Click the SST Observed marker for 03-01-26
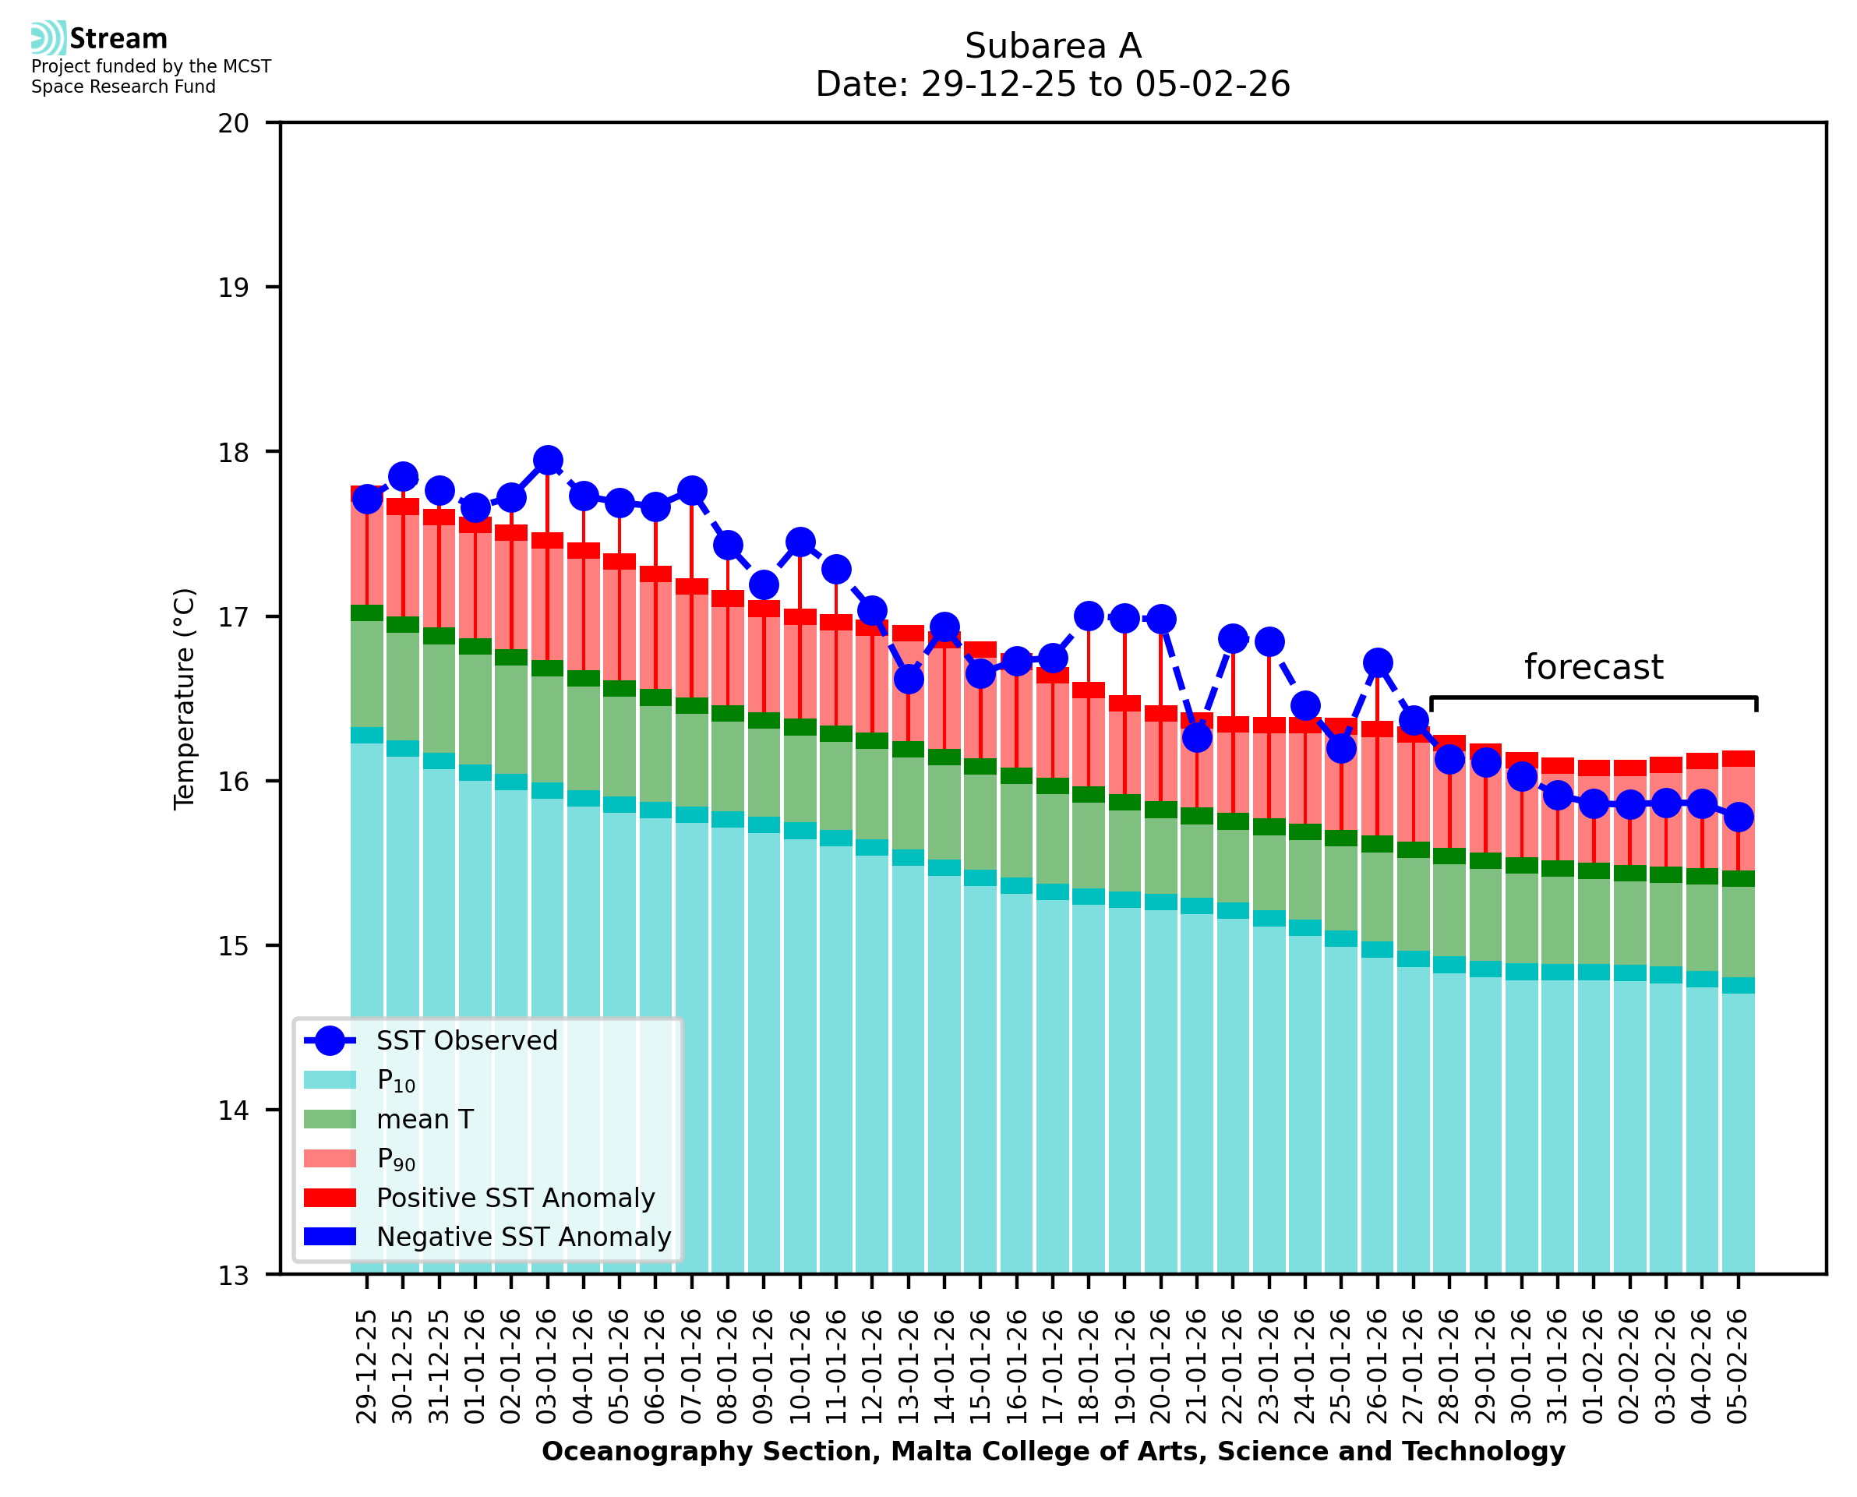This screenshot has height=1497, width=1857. (548, 461)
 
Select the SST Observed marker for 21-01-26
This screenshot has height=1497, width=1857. (1197, 737)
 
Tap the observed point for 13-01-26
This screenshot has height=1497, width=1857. (909, 680)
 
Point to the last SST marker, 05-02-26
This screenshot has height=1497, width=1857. (1738, 817)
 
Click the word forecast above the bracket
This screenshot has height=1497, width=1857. (1593, 666)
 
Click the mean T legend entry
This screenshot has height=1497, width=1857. (425, 1119)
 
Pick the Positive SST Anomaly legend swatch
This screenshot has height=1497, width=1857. (330, 1198)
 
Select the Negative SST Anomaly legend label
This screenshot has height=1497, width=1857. (524, 1237)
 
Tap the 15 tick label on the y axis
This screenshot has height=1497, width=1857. (233, 946)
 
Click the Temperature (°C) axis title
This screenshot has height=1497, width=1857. (185, 698)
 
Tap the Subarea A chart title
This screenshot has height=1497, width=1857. (1053, 46)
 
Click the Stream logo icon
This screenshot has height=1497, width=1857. (48, 38)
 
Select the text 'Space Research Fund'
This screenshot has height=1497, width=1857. (123, 87)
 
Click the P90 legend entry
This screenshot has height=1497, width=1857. (396, 1159)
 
